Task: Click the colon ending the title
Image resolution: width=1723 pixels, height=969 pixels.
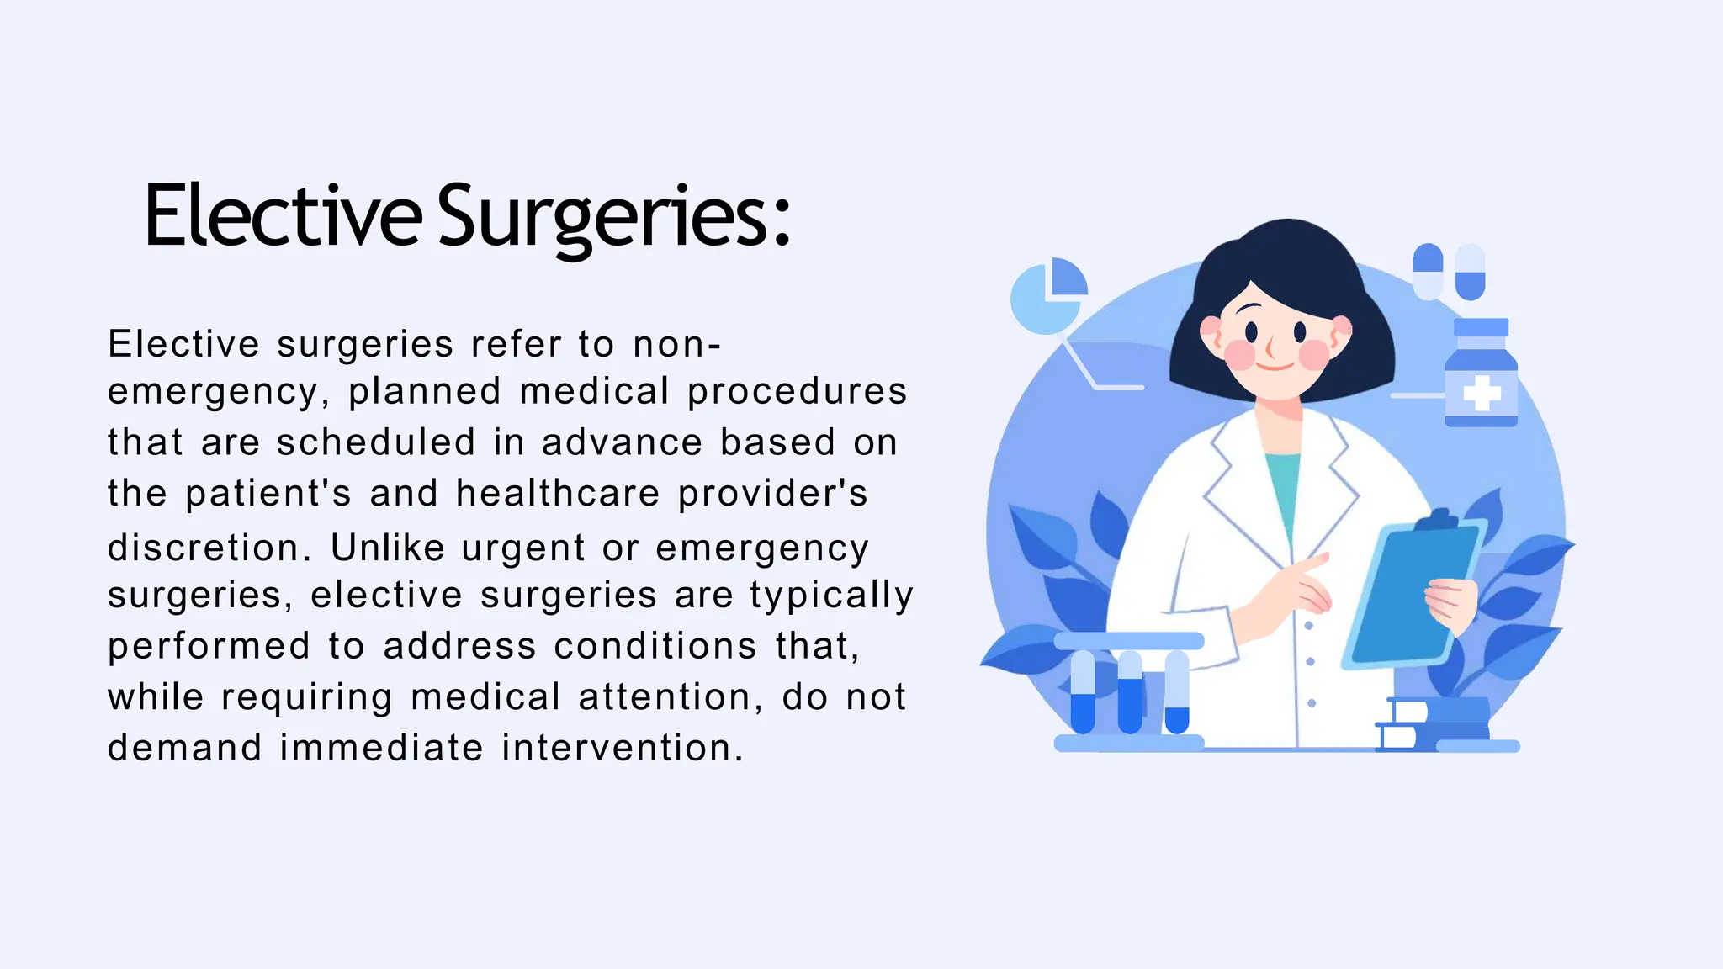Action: [x=782, y=223]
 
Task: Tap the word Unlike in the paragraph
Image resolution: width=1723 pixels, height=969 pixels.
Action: [x=387, y=548]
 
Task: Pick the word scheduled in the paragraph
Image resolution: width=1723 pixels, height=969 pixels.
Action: [x=376, y=442]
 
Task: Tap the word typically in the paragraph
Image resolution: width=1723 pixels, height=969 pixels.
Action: [x=831, y=596]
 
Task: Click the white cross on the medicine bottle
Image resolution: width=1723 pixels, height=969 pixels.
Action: [x=1482, y=393]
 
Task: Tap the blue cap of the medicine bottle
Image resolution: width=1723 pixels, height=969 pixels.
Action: [x=1481, y=327]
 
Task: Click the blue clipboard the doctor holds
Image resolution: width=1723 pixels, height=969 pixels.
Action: [x=1413, y=593]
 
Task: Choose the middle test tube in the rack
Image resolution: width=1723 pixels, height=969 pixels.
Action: [x=1130, y=691]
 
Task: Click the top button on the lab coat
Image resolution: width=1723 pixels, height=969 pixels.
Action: [x=1308, y=626]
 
